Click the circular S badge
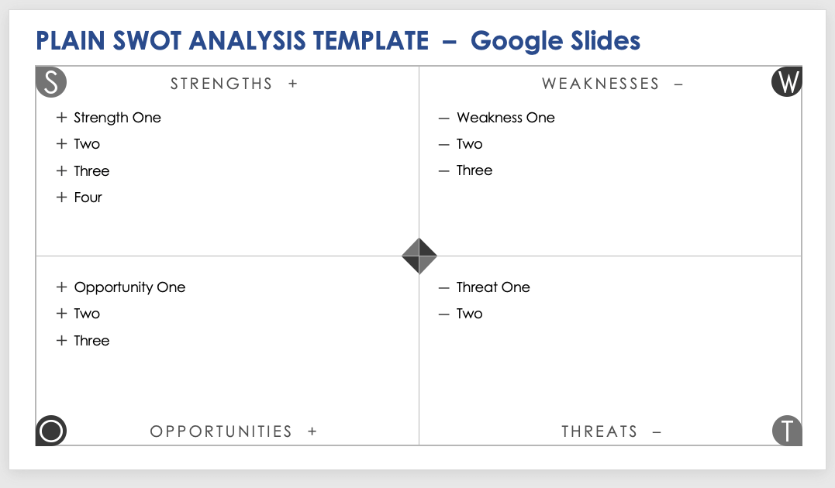(51, 82)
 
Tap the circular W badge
(786, 82)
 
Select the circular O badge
(51, 430)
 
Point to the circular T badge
(787, 430)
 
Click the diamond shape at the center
(419, 256)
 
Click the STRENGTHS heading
(221, 84)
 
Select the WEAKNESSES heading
(600, 84)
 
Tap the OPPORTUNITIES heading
(221, 431)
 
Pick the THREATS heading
(599, 431)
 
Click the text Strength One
(117, 118)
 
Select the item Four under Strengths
(88, 198)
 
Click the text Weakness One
(505, 118)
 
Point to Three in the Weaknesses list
(474, 170)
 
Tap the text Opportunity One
(129, 287)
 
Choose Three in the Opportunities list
(91, 341)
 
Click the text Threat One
(493, 287)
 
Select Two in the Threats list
(469, 314)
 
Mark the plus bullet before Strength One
(62, 118)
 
